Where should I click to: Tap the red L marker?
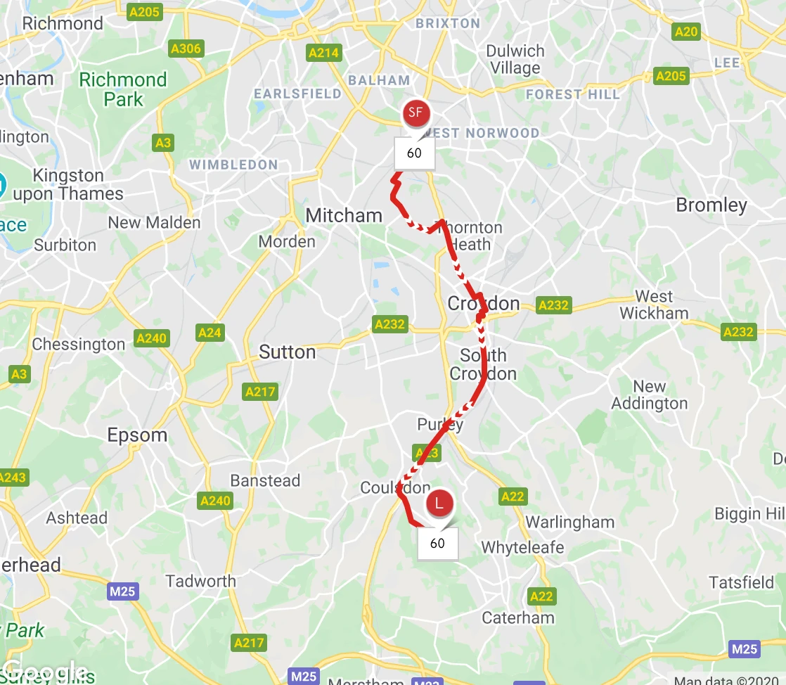[439, 504]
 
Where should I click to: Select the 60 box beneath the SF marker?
[414, 153]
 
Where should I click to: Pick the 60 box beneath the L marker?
[437, 543]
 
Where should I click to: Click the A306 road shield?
[186, 49]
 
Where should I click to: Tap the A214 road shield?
[323, 53]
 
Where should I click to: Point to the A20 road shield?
[685, 31]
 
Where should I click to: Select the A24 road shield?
[210, 333]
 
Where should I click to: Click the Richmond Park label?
[123, 89]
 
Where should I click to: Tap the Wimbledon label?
[233, 165]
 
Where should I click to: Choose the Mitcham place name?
[344, 215]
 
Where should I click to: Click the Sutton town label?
[288, 352]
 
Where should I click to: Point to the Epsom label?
[137, 435]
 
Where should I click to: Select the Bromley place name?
[711, 205]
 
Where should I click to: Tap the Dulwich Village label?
[515, 60]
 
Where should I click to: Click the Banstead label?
[265, 481]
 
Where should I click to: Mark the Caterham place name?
[517, 618]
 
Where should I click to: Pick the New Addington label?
[649, 395]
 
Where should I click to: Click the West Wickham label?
[653, 305]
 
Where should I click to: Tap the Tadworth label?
[200, 582]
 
